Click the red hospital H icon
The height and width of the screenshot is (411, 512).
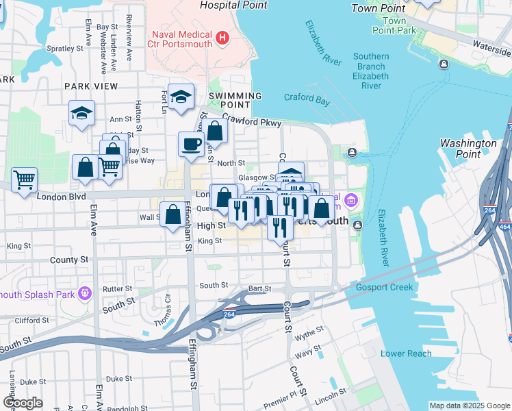(x=221, y=38)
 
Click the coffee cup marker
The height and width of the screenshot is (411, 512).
(x=190, y=144)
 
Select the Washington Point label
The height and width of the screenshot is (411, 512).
(x=468, y=149)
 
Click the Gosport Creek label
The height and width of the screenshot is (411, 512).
(x=384, y=287)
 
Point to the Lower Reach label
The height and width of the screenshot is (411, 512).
(x=406, y=353)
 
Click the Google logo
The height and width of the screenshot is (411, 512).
(x=22, y=402)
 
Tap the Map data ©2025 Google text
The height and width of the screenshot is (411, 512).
(x=469, y=406)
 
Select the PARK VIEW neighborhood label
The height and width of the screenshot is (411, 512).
(x=91, y=86)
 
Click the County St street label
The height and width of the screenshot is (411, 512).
(x=69, y=260)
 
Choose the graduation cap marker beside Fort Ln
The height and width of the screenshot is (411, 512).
(x=181, y=97)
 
